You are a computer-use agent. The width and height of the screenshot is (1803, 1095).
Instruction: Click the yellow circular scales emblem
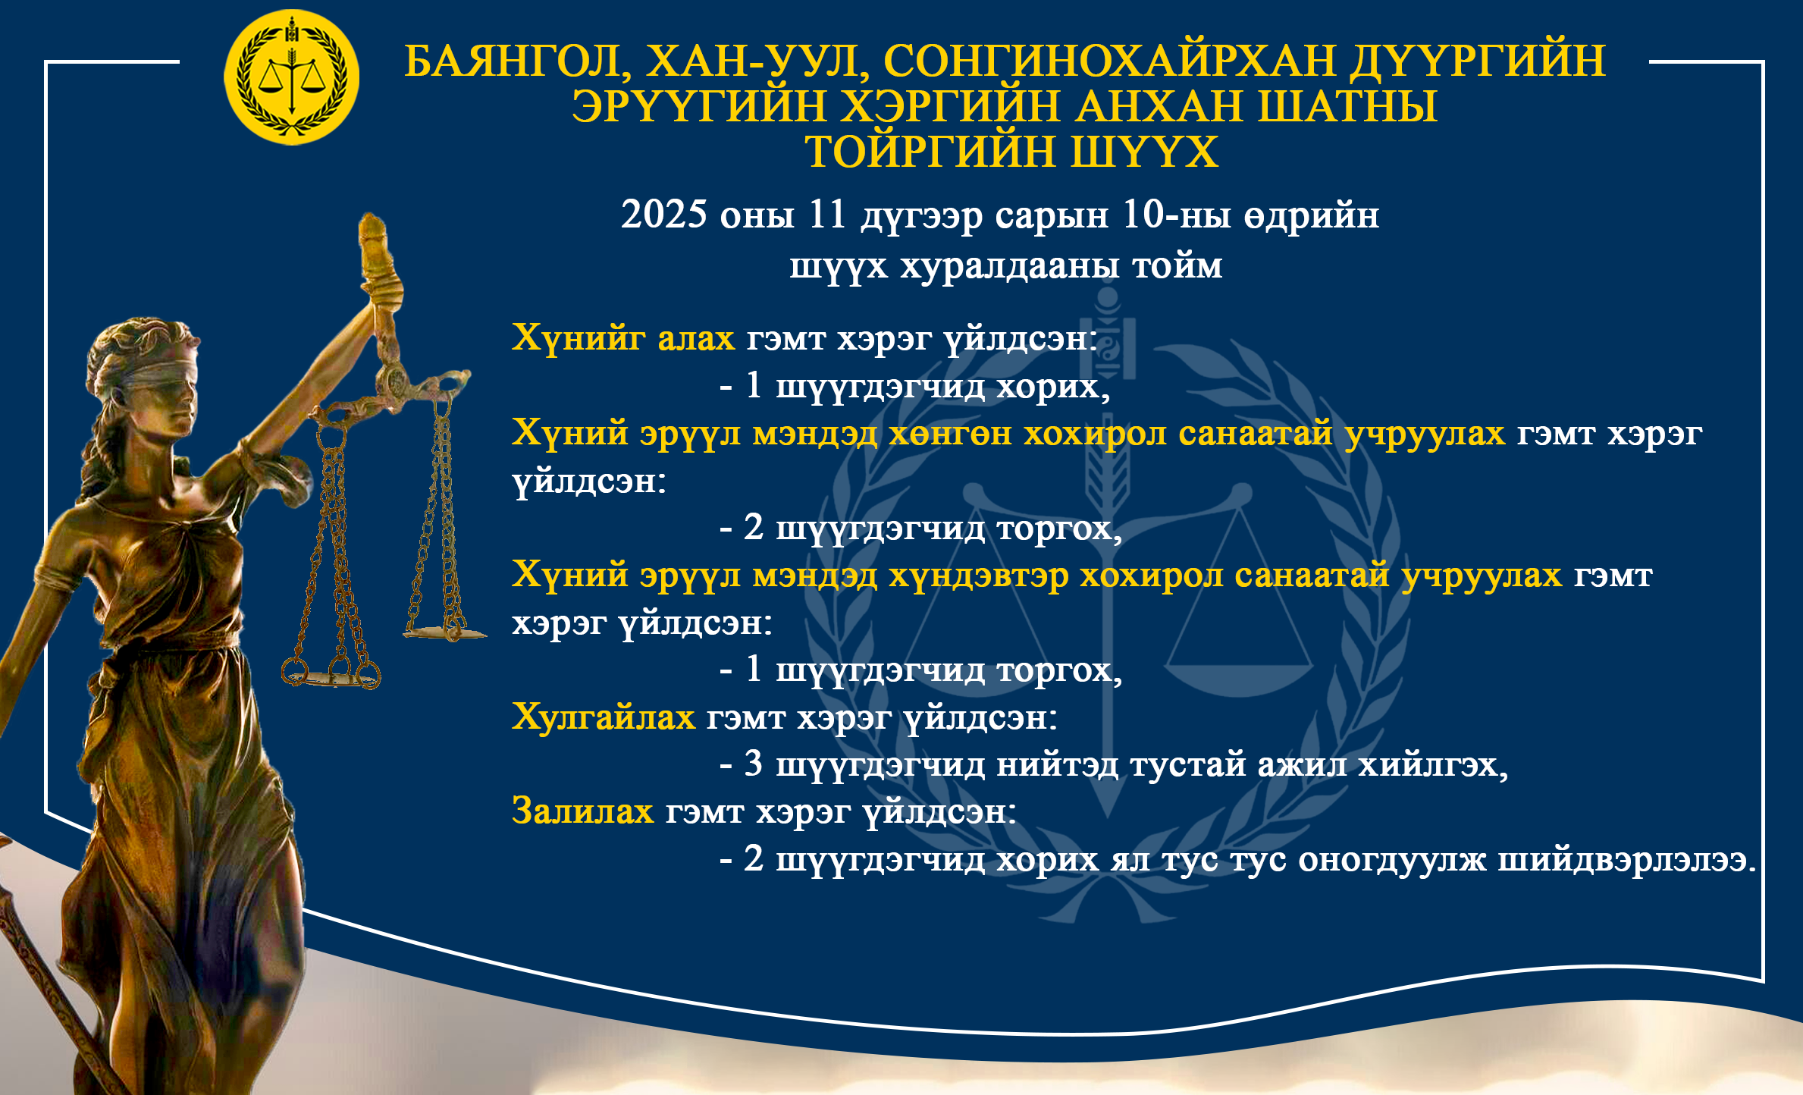[292, 77]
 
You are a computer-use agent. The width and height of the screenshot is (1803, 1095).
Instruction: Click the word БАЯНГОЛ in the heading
[517, 61]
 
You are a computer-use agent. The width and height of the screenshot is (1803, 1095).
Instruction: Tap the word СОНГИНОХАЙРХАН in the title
[1109, 61]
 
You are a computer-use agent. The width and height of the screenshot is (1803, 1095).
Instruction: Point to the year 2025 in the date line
[664, 215]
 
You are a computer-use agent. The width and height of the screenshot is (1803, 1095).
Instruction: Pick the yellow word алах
[696, 337]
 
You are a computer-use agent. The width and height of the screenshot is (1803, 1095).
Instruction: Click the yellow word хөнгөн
[950, 434]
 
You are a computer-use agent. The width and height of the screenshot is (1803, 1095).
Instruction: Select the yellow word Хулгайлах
[604, 717]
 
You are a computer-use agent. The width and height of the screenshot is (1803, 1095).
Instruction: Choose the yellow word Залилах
[582, 811]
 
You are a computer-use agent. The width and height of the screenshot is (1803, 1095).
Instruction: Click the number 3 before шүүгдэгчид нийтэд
[753, 763]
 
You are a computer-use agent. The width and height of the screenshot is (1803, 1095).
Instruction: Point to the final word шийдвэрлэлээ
[1626, 860]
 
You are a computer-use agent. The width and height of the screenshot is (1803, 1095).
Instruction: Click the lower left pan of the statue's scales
[331, 676]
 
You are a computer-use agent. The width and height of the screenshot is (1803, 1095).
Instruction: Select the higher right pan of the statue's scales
[444, 632]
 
